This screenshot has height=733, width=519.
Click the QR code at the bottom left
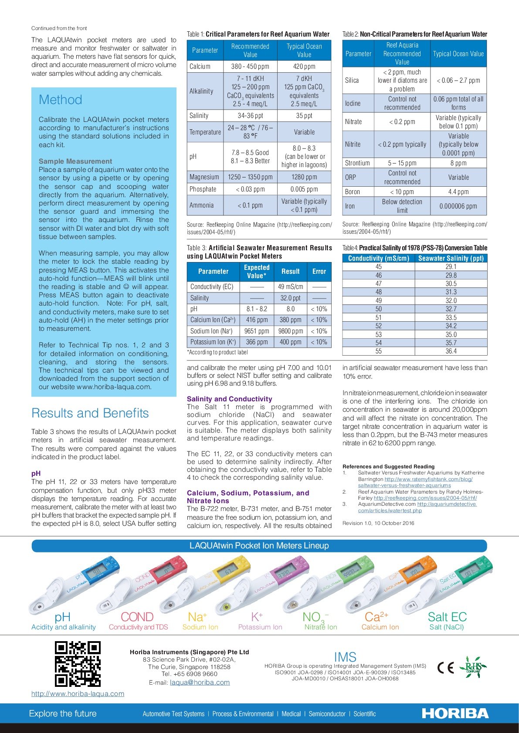[x=78, y=664]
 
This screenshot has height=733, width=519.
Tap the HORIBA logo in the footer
[x=455, y=713]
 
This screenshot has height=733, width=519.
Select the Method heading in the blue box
[x=61, y=100]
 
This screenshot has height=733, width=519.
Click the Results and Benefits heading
[x=90, y=413]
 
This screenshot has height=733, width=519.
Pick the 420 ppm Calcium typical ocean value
[x=304, y=67]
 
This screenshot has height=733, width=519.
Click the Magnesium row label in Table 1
[x=204, y=177]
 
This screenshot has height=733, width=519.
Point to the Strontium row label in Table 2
[x=357, y=163]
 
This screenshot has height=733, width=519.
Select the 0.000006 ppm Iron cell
[x=458, y=206]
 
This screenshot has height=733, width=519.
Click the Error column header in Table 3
[x=319, y=271]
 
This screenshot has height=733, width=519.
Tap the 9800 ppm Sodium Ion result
[x=291, y=331]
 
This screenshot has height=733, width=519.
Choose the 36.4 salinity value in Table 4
[x=451, y=351]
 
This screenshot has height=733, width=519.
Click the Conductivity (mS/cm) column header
[x=379, y=258]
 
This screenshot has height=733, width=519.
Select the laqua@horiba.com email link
[x=200, y=683]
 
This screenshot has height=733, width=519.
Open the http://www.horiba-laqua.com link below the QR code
[x=78, y=694]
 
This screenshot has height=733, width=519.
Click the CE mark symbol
[x=445, y=668]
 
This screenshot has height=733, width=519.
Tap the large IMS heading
[x=345, y=657]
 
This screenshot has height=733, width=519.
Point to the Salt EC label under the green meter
[x=447, y=617]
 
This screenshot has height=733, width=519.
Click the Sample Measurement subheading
[x=75, y=161]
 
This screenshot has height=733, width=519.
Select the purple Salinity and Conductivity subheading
[x=229, y=399]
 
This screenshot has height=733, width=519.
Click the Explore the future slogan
[x=63, y=713]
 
